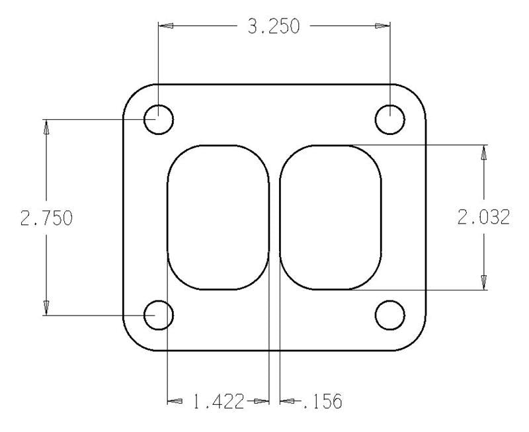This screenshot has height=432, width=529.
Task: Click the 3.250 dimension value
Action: (x=272, y=26)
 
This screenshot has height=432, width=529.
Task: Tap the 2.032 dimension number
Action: (x=484, y=218)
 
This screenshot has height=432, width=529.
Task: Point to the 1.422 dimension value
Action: (x=218, y=401)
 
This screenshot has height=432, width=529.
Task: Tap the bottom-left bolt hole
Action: (x=159, y=316)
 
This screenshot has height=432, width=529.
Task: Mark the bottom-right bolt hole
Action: (x=390, y=316)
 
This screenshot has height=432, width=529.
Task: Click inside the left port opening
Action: (x=218, y=218)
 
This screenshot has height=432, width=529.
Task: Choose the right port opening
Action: (x=331, y=218)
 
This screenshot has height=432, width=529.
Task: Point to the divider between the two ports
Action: (x=274, y=218)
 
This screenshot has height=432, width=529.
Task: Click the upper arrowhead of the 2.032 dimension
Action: (x=484, y=153)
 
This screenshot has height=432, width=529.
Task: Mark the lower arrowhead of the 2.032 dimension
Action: (x=484, y=282)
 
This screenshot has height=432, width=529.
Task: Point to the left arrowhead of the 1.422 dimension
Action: (x=175, y=401)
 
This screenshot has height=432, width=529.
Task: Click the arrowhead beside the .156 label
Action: (x=288, y=401)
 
